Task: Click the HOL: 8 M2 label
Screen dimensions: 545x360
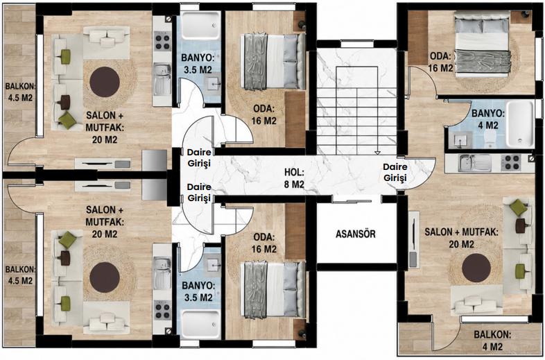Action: click(x=294, y=178)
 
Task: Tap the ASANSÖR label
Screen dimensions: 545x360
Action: click(x=356, y=234)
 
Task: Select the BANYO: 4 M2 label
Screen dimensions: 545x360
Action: click(x=487, y=119)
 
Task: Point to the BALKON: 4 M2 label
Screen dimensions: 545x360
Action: click(x=492, y=341)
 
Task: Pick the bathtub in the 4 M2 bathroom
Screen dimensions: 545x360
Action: click(x=519, y=124)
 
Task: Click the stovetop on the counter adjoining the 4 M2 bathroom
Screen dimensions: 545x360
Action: click(x=510, y=163)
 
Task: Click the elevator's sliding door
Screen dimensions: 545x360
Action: click(x=352, y=199)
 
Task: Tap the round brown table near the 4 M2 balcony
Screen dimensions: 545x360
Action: click(x=476, y=268)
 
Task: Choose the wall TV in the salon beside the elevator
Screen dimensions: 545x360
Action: click(x=413, y=239)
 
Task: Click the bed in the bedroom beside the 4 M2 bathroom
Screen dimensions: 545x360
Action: click(x=483, y=44)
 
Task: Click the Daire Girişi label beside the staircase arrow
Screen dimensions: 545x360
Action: click(x=395, y=173)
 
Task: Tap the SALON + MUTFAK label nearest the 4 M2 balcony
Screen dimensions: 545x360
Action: click(x=461, y=238)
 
